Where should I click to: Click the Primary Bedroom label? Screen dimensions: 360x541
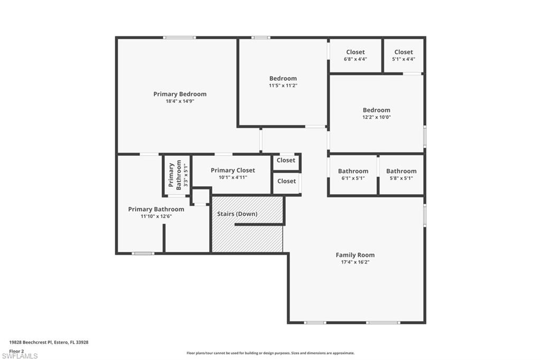click(180, 94)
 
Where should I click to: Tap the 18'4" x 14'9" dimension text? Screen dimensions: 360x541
click(180, 101)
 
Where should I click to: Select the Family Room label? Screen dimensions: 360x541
click(355, 255)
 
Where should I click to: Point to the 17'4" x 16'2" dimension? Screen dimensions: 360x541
click(355, 262)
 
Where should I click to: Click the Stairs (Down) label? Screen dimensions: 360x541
click(237, 214)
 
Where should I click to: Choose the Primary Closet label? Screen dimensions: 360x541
click(232, 170)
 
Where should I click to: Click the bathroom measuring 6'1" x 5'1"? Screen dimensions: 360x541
click(353, 174)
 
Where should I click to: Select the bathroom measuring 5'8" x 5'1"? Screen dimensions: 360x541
click(401, 174)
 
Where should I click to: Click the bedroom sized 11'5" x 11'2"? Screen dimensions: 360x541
click(283, 81)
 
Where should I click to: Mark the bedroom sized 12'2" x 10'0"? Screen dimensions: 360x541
click(376, 113)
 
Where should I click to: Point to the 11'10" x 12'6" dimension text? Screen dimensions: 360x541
click(156, 216)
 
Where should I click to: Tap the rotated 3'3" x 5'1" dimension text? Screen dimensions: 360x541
click(185, 175)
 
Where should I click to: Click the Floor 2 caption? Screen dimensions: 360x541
click(17, 350)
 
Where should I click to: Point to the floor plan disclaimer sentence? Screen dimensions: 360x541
click(270, 353)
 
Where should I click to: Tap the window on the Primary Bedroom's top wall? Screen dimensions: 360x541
click(179, 37)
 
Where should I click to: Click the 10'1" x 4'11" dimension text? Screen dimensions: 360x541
click(232, 177)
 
